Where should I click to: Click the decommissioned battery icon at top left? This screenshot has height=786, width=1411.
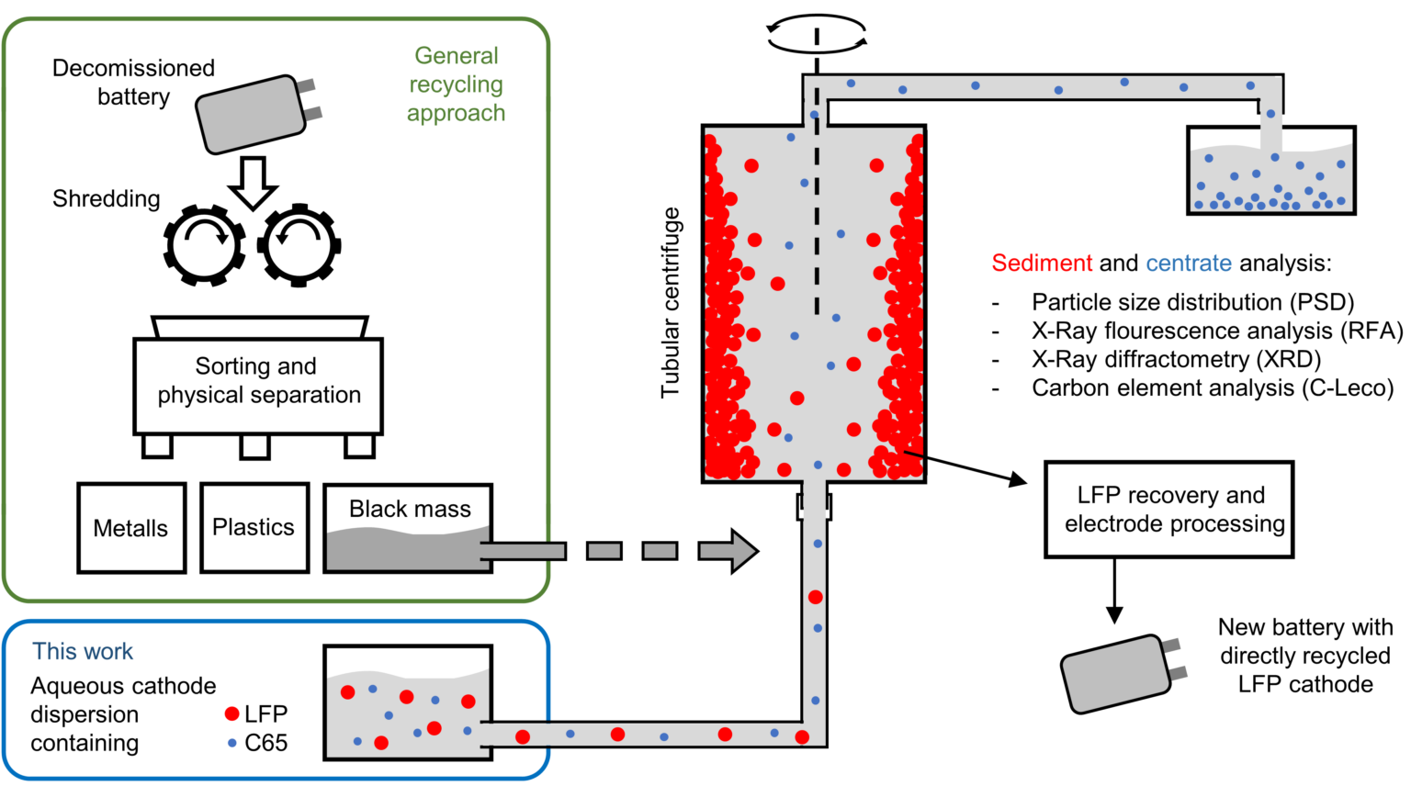click(x=253, y=115)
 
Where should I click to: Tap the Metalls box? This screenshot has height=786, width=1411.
click(x=131, y=528)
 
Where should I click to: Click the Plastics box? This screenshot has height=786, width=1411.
click(x=254, y=527)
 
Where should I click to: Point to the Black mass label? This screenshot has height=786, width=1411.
click(x=410, y=509)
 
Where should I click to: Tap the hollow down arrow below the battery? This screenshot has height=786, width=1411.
click(x=253, y=182)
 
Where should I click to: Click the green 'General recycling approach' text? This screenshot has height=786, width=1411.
click(x=456, y=84)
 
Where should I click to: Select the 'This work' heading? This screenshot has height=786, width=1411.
click(x=83, y=651)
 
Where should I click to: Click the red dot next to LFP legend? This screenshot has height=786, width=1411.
click(x=231, y=713)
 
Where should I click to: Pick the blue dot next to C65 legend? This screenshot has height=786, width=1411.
click(x=231, y=742)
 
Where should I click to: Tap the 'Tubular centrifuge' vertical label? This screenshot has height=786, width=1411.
click(x=671, y=303)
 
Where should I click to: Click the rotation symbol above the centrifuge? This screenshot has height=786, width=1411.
click(x=816, y=35)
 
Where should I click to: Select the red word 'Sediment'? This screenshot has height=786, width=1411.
click(x=1042, y=264)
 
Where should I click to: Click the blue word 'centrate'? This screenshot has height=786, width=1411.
click(x=1188, y=264)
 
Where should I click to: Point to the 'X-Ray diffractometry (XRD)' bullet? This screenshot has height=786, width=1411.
click(x=1176, y=359)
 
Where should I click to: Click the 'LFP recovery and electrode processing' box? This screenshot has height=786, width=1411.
click(x=1168, y=510)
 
